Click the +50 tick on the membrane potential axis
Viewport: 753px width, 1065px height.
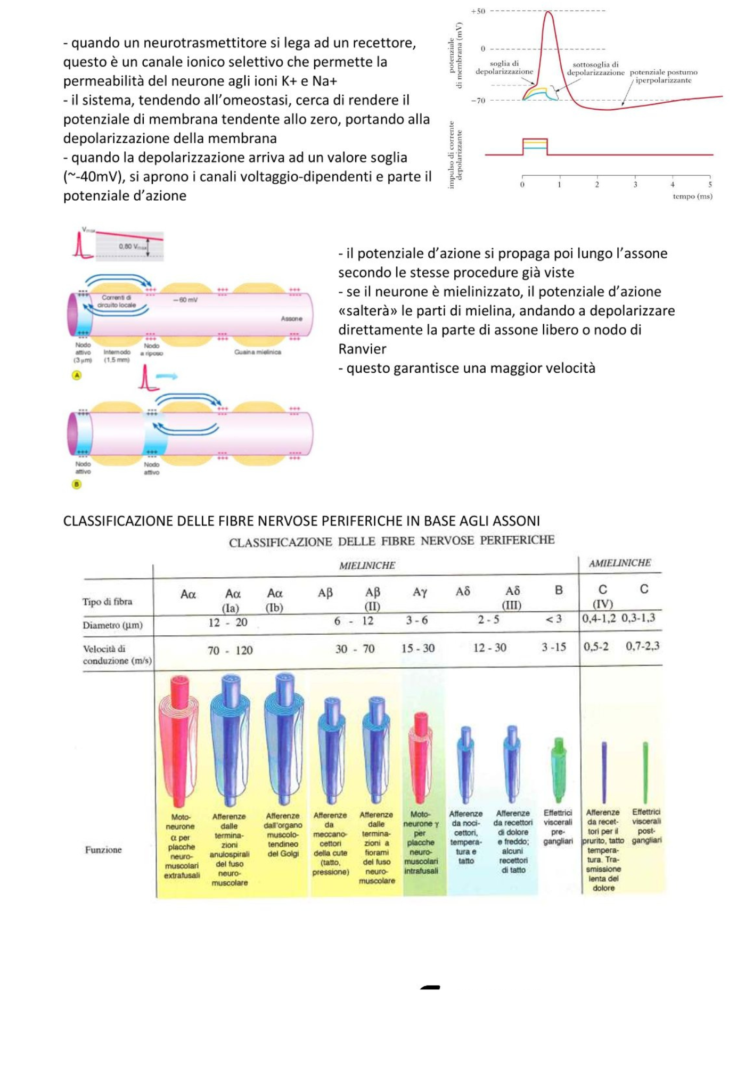[478, 11]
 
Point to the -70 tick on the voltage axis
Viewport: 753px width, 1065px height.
[478, 101]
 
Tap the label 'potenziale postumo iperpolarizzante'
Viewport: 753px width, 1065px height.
[663, 76]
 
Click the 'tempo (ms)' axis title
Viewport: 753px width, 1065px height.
[692, 196]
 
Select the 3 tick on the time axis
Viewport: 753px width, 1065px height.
[635, 185]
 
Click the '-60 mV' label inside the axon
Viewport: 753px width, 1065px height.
[185, 300]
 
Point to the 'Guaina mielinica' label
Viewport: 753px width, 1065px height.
[257, 352]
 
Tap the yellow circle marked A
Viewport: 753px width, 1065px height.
[77, 375]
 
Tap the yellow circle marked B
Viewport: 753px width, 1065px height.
[77, 485]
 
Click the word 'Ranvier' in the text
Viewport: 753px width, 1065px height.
[362, 349]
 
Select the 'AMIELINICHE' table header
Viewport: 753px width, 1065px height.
[619, 563]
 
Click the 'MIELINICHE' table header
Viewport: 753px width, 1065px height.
[367, 566]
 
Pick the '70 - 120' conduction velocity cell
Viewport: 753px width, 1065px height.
[230, 650]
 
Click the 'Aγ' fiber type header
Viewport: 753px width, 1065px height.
[420, 592]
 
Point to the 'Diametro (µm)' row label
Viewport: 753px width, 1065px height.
[112, 625]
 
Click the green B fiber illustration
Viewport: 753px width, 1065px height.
[558, 769]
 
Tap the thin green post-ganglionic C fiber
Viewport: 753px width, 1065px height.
[645, 772]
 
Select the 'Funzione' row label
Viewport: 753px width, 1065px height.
[103, 850]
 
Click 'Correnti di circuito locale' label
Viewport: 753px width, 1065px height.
[117, 301]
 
